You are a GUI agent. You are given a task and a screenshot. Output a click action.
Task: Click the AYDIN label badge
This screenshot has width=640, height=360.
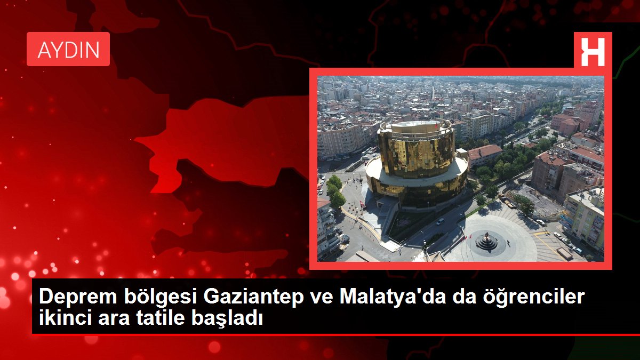pyautogui.click(x=68, y=49)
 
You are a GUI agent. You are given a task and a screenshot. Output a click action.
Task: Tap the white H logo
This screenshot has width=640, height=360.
pyautogui.click(x=593, y=52)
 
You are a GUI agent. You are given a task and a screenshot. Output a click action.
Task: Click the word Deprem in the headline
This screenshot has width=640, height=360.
pyautogui.click(x=78, y=297)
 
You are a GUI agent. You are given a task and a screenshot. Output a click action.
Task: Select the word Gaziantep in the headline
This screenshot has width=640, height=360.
pyautogui.click(x=253, y=297)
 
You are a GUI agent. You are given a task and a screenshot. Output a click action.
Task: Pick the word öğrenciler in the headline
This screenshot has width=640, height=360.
pyautogui.click(x=534, y=297)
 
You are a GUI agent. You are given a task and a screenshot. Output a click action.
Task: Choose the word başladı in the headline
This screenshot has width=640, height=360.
pyautogui.click(x=227, y=318)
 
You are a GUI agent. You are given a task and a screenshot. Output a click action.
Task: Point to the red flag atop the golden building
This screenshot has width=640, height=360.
pyautogui.click(x=436, y=126)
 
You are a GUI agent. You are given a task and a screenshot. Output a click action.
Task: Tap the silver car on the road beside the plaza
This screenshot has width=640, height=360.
pyautogui.click(x=441, y=221)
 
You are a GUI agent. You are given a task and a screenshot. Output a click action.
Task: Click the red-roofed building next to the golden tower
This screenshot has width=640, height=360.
pyautogui.click(x=485, y=155)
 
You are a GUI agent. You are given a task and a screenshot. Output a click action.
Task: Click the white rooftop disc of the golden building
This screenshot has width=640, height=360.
pyautogui.click(x=416, y=126)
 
